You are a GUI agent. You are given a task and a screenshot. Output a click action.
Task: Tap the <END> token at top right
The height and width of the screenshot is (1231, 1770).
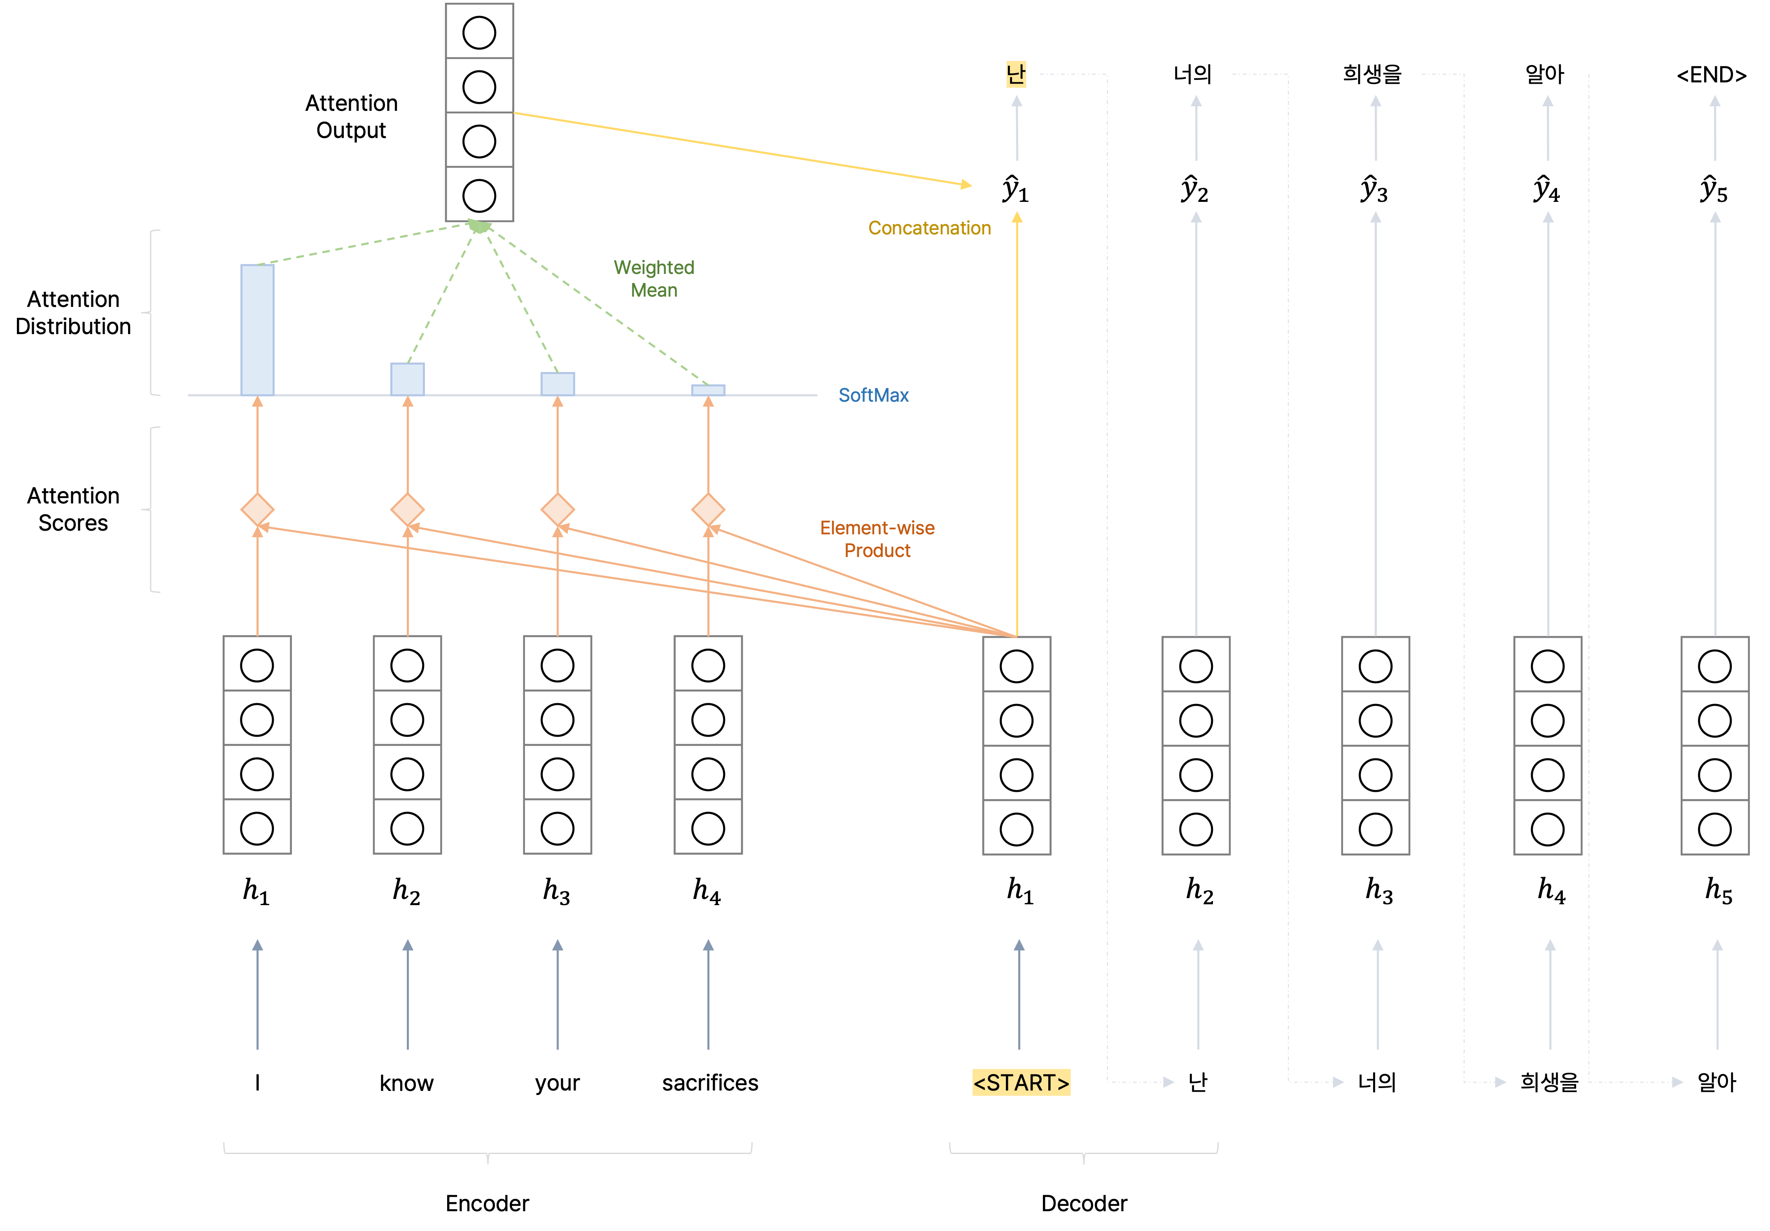[1712, 75]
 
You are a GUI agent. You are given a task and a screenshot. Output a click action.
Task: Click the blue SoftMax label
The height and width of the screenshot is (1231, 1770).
[873, 395]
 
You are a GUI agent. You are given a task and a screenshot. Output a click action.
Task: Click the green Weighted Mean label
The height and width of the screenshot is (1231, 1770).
[654, 278]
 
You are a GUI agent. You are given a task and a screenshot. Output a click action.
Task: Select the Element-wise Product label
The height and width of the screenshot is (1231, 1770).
[877, 539]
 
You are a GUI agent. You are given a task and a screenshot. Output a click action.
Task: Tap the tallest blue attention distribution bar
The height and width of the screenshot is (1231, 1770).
[257, 330]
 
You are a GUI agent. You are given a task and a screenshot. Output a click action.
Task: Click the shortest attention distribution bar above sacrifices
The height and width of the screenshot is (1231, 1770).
[708, 390]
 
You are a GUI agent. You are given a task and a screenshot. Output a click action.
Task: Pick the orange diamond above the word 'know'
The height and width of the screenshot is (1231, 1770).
[407, 510]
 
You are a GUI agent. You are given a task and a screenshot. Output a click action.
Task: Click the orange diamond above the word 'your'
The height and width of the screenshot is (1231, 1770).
[557, 510]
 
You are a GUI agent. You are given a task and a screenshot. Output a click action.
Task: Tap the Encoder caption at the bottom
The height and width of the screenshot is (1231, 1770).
[487, 1203]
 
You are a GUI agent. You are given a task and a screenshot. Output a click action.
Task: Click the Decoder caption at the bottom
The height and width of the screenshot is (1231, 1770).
[1084, 1203]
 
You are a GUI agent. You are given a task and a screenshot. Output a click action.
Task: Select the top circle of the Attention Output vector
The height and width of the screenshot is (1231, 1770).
[479, 33]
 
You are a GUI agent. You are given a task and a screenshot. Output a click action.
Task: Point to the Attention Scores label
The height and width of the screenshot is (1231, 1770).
[73, 509]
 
